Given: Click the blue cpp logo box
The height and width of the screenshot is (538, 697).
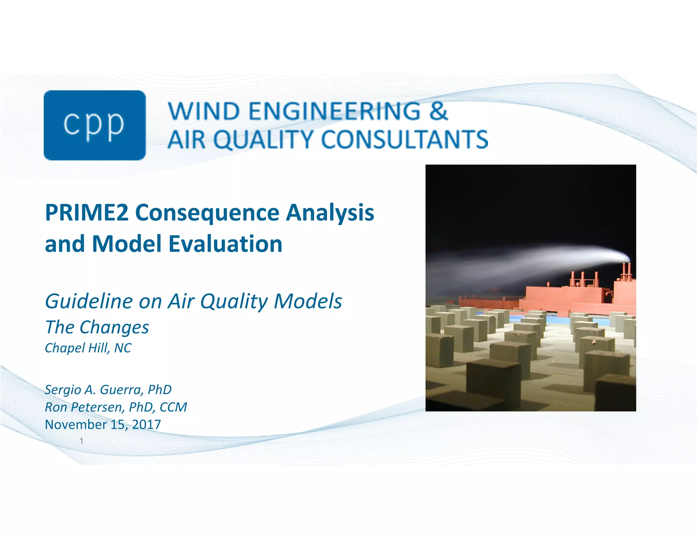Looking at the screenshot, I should [95, 125].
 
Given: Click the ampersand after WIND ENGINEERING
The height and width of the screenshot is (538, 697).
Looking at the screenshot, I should [438, 111].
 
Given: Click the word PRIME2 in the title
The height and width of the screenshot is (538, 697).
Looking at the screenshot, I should [87, 213].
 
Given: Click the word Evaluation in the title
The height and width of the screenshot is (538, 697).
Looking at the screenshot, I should [225, 244].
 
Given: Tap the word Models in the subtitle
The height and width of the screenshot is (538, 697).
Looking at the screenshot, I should [308, 301].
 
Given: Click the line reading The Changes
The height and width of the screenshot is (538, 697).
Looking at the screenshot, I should [97, 327].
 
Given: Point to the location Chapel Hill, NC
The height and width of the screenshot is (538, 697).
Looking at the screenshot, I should [88, 348].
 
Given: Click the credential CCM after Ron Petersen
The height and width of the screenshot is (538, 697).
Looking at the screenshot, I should [173, 407].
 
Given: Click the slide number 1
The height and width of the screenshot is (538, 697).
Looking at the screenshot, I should [81, 441].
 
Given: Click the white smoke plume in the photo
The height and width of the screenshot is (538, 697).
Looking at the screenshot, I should [545, 262].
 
